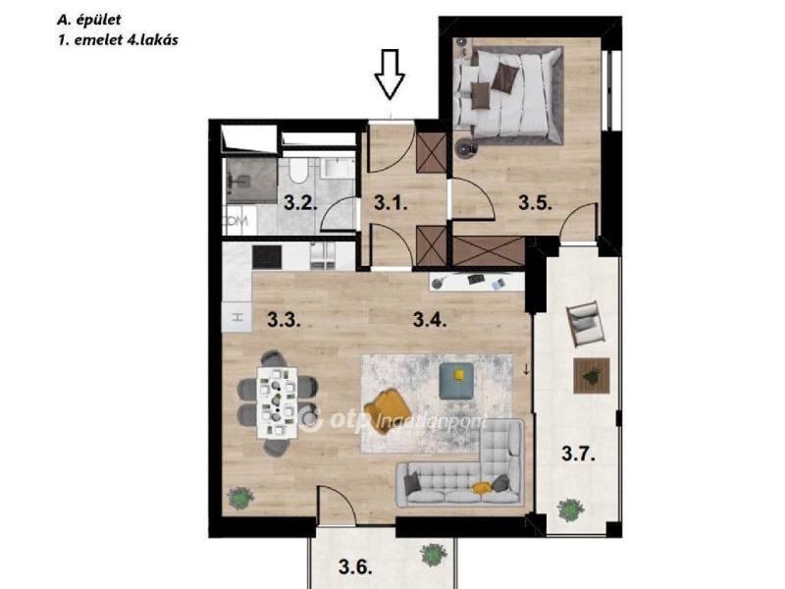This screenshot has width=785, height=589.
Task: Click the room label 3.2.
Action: [300, 203]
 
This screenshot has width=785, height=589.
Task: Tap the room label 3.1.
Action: [391, 203]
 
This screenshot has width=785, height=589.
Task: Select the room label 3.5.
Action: [535, 203]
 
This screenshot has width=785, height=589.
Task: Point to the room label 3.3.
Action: [284, 320]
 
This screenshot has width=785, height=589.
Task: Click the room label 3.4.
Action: [430, 320]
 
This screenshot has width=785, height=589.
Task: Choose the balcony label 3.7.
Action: [578, 455]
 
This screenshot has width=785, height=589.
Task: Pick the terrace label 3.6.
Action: [355, 567]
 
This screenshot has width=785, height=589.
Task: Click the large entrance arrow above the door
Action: [390, 75]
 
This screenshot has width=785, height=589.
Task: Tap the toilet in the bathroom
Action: [298, 170]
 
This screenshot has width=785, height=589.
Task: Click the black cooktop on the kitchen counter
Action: [267, 257]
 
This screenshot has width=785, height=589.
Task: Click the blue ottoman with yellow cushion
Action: [456, 381]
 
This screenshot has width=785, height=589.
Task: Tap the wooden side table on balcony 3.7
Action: [592, 376]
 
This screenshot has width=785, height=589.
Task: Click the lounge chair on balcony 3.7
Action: [583, 324]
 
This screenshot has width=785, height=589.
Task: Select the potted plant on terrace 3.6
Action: [434, 555]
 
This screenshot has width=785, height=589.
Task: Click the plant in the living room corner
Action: [240, 499]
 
